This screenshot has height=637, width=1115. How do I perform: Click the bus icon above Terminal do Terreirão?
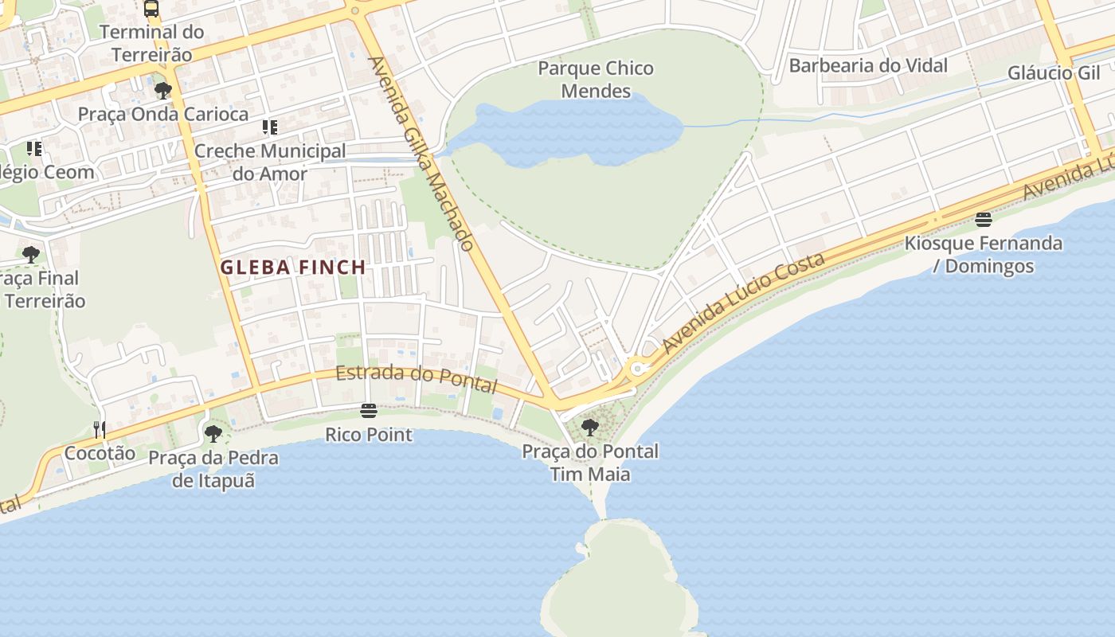coord(151,9)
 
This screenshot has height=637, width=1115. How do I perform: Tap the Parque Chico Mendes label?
coord(596,80)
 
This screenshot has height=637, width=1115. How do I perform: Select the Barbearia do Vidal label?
coord(868,65)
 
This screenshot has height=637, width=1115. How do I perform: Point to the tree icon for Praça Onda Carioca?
coord(163,91)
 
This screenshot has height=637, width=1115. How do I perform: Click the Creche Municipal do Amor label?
coord(270,162)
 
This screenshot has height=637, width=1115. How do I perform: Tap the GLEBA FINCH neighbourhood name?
coord(293,268)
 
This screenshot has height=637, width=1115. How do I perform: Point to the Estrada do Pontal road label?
coord(416,378)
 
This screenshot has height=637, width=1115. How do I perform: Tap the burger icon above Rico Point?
coord(368,411)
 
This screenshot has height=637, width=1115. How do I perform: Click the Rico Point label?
coord(369,435)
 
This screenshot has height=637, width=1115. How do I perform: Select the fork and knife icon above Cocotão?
coord(100,430)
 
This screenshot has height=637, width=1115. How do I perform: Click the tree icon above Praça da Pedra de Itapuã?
coord(213,434)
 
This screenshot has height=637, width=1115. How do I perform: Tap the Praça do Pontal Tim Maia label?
coord(590,463)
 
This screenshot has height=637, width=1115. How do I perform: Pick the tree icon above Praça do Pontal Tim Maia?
coord(590,428)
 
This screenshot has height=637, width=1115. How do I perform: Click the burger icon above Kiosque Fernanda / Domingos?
coord(984,220)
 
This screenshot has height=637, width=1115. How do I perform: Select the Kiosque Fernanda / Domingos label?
coord(984,254)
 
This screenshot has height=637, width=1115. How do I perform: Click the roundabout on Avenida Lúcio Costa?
coord(636,369)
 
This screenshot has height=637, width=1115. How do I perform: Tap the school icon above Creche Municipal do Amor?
coord(270,127)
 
